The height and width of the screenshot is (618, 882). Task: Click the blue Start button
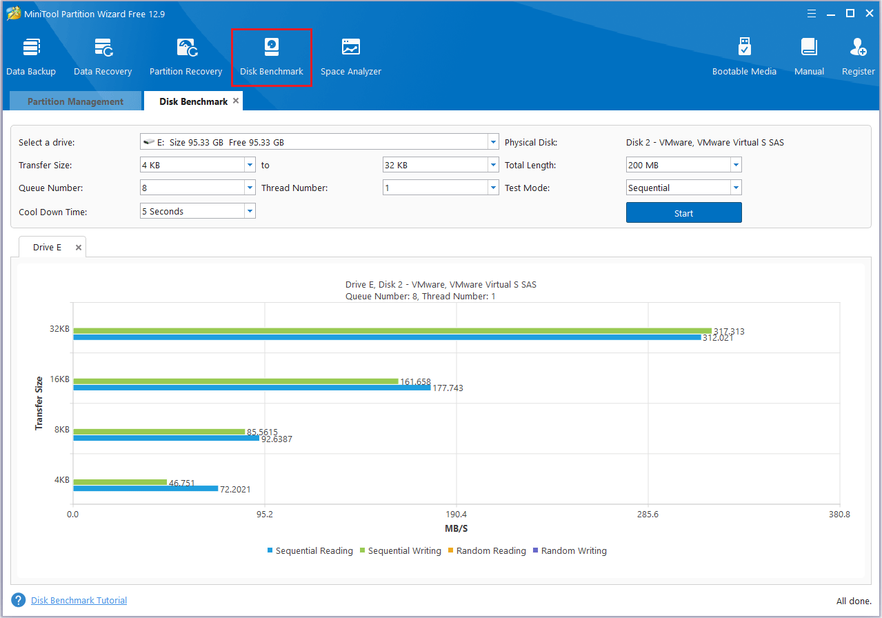click(x=683, y=213)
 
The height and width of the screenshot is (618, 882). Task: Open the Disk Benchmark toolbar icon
click(x=272, y=57)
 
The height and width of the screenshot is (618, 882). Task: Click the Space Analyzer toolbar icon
click(x=350, y=57)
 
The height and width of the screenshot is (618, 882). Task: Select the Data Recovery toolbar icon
click(x=103, y=57)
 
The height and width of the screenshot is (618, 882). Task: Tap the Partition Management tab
click(x=75, y=101)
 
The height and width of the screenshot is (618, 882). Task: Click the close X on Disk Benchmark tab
click(x=236, y=101)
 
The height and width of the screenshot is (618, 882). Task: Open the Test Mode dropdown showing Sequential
click(x=683, y=188)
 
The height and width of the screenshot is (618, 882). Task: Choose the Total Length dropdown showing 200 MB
click(x=683, y=166)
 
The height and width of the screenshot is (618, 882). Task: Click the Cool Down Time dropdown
click(x=197, y=211)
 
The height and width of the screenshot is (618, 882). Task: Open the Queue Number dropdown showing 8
click(x=197, y=188)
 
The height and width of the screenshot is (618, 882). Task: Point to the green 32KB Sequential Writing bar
click(x=392, y=331)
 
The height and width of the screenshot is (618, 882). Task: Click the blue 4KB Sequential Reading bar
click(x=145, y=488)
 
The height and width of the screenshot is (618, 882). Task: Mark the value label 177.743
click(x=448, y=388)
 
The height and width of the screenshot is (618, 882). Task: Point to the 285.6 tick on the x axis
click(x=648, y=515)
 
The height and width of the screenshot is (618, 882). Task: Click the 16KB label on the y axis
click(x=60, y=379)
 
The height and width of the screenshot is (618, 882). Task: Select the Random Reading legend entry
click(x=487, y=551)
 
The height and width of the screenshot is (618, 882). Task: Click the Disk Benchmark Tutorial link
click(x=79, y=601)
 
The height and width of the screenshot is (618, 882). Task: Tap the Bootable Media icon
click(x=744, y=57)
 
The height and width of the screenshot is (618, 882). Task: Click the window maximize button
click(x=850, y=13)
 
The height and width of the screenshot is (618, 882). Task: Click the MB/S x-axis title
click(x=457, y=529)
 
